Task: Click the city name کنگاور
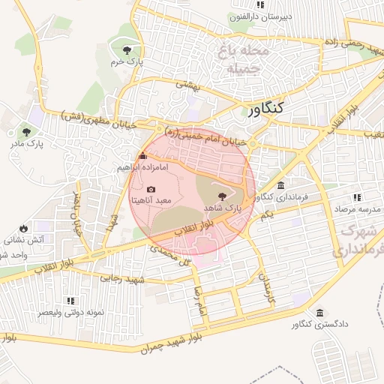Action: [x=265, y=110]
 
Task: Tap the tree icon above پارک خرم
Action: [x=125, y=50]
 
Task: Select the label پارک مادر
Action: [x=27, y=141]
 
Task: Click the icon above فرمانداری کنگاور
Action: [x=280, y=185]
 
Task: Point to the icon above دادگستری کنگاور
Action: [x=320, y=313]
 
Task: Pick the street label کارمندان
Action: [x=267, y=288]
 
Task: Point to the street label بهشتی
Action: [x=189, y=85]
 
